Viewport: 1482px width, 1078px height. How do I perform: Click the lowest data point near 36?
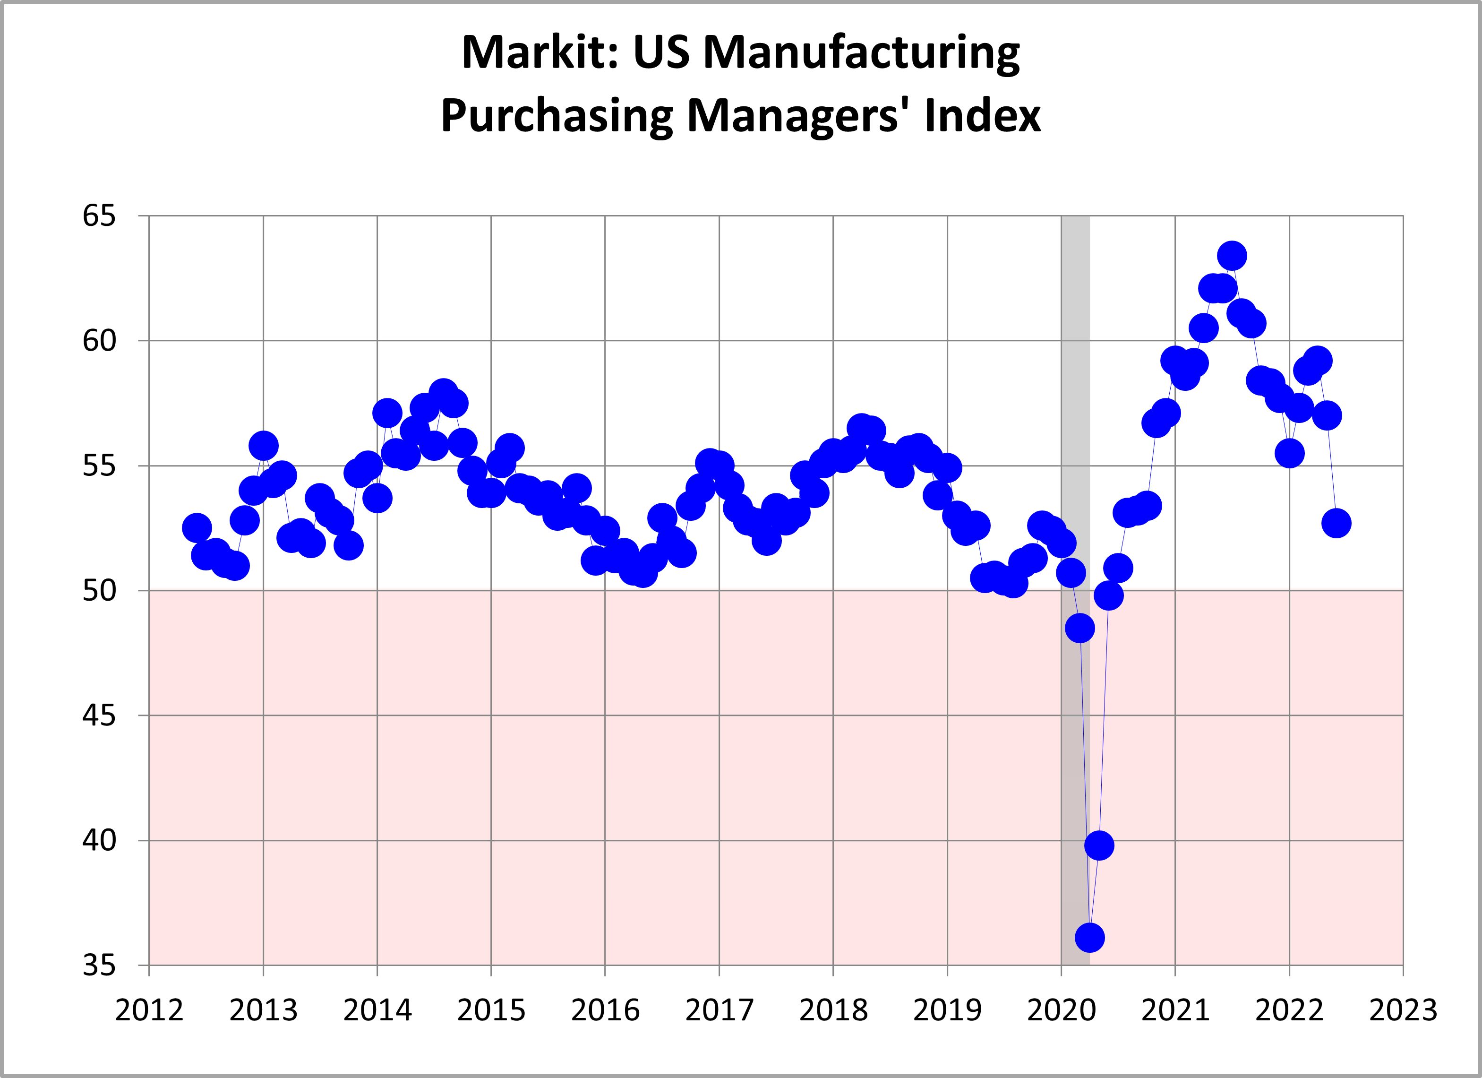pos(1089,938)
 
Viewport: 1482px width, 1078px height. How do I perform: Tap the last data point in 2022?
pos(1336,523)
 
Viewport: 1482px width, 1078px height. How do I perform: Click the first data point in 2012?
pos(197,527)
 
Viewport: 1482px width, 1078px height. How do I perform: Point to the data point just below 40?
pos(1099,845)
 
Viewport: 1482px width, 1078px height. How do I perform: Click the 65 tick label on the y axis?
pos(99,216)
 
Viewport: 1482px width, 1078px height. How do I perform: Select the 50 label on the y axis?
pos(99,590)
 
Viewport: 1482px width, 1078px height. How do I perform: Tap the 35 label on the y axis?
pos(99,965)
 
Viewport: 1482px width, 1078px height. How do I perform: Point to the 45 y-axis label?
pos(99,715)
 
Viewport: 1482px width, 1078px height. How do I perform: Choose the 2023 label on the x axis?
pos(1403,1011)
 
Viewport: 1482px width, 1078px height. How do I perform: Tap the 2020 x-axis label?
pos(1061,1011)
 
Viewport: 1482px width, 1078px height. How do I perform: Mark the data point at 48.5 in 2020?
pos(1080,628)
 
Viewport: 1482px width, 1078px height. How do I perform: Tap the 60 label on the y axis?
pos(99,341)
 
